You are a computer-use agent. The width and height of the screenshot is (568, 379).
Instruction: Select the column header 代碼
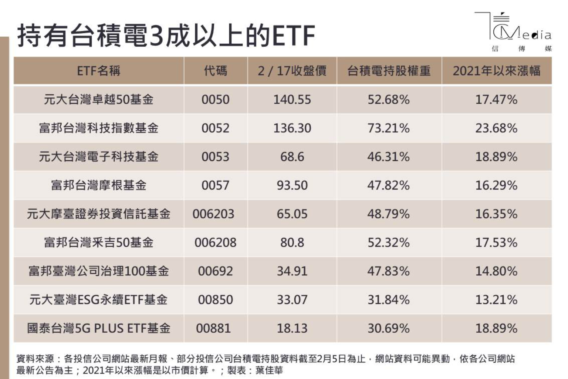point(215,71)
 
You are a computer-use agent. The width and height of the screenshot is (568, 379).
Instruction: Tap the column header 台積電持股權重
point(389,71)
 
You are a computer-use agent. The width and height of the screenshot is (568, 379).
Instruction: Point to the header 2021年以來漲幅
point(496,71)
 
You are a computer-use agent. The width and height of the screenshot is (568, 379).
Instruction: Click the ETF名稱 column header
point(98,71)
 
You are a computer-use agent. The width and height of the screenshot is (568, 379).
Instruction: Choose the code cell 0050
point(215,100)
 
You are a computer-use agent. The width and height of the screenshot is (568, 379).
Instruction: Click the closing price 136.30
point(292,128)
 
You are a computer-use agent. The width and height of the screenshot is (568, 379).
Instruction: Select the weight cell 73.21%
point(389,128)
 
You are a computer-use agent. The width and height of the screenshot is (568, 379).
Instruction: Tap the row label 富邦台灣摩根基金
point(98,185)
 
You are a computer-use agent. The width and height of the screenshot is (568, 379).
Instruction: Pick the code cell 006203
point(213,214)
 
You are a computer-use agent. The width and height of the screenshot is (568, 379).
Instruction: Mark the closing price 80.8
point(292,242)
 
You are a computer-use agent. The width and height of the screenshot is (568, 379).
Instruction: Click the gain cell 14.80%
point(496,271)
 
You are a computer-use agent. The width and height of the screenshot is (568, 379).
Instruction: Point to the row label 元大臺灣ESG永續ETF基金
point(98,299)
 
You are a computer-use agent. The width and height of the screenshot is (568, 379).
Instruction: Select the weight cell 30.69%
point(389,328)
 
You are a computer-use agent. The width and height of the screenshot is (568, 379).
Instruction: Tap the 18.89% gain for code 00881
point(496,328)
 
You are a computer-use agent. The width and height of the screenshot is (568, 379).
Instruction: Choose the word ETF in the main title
point(294,36)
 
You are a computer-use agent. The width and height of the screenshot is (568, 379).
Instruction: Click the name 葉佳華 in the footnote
point(269,370)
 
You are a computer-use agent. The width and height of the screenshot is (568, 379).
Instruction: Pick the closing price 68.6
point(292,157)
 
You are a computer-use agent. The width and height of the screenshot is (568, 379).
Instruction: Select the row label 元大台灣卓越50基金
point(98,100)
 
